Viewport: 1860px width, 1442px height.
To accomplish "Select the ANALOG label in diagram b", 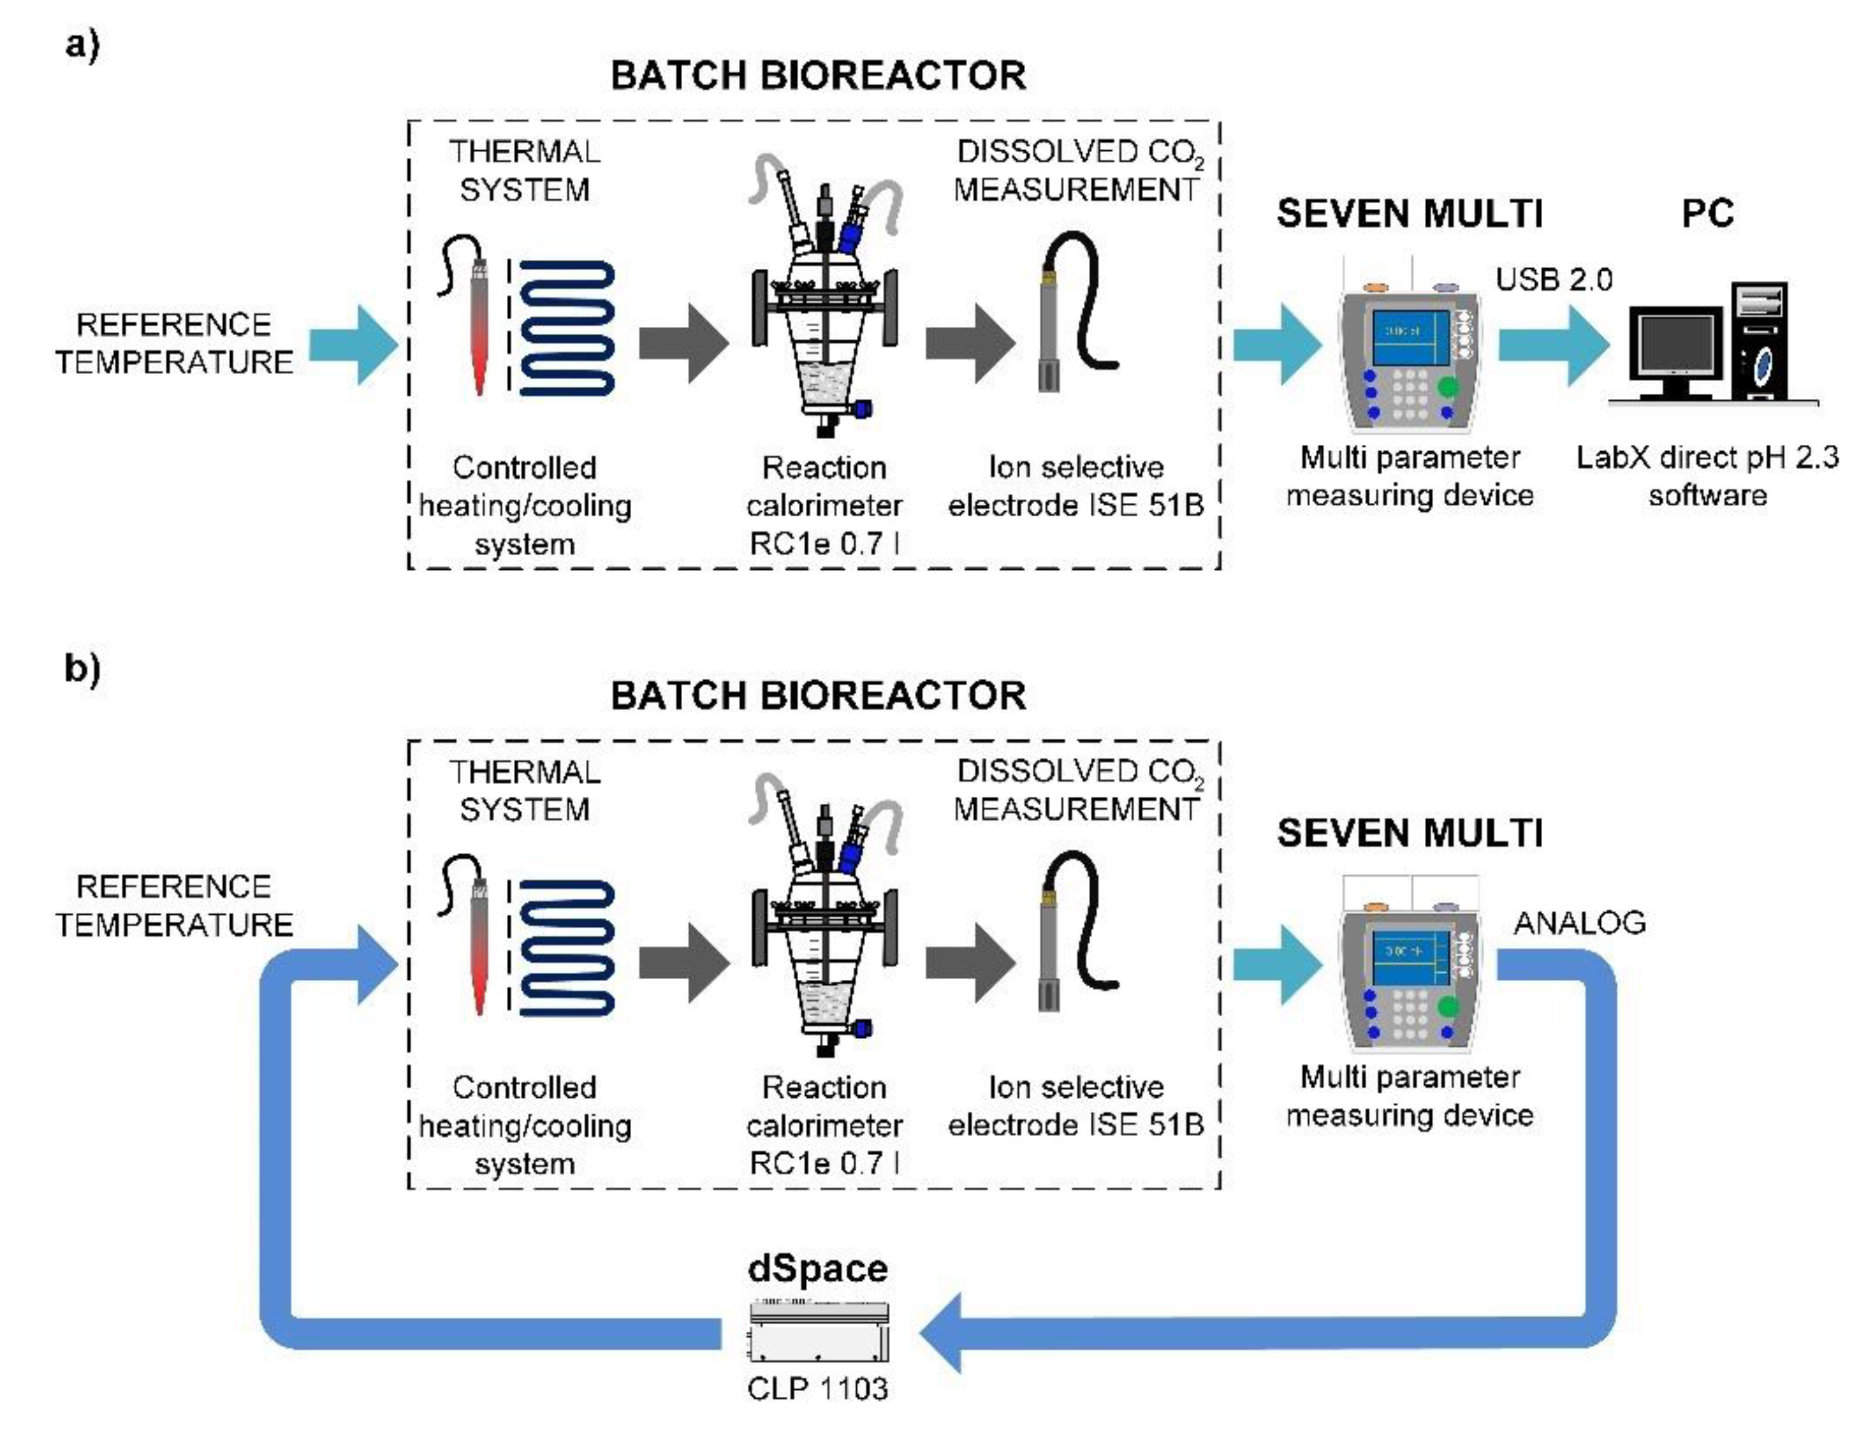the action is (1580, 923).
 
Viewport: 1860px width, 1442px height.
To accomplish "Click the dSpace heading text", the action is (817, 1268).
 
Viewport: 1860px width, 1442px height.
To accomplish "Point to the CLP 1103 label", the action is (817, 1389).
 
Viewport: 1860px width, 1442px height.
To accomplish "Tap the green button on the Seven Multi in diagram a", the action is (1448, 387).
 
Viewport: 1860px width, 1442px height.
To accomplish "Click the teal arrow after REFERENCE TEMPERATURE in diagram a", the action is (353, 345).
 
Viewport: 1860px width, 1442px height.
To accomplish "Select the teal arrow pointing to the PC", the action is (1554, 345).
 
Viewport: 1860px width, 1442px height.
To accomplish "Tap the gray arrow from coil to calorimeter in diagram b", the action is (685, 963).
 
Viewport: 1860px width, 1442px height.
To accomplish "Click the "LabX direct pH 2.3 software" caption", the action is (1707, 476).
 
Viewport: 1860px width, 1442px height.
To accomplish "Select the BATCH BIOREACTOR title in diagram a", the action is (817, 76).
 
